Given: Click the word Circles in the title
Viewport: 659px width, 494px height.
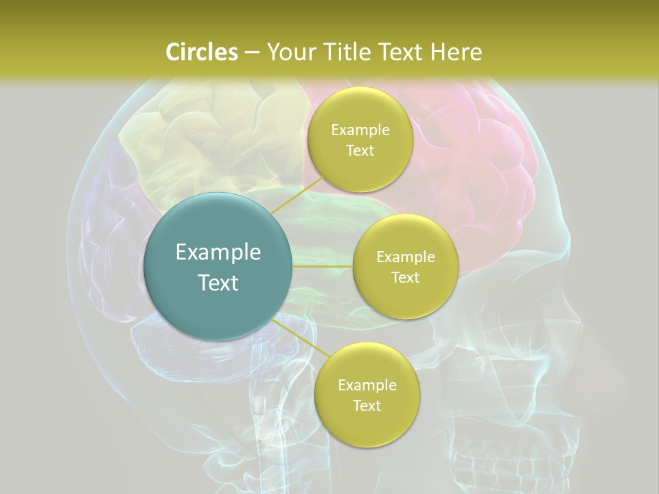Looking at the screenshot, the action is (202, 52).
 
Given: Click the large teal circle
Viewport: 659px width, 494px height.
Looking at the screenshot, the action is (218, 266).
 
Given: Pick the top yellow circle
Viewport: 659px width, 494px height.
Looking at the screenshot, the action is (360, 139).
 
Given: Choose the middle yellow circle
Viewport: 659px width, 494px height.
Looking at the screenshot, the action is (405, 266).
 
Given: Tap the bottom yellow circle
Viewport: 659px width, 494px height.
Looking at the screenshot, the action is (367, 395).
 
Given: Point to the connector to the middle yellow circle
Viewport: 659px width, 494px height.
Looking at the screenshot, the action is (322, 266).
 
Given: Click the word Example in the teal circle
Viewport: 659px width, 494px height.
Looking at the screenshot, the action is (218, 252).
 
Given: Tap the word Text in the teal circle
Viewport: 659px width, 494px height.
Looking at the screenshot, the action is (218, 283).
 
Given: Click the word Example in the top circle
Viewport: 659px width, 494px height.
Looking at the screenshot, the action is (360, 130).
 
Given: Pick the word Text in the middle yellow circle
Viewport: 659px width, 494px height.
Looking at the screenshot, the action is (405, 277).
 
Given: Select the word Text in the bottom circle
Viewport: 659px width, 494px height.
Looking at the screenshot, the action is (367, 405).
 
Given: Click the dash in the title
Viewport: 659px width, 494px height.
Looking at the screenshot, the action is (251, 53).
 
